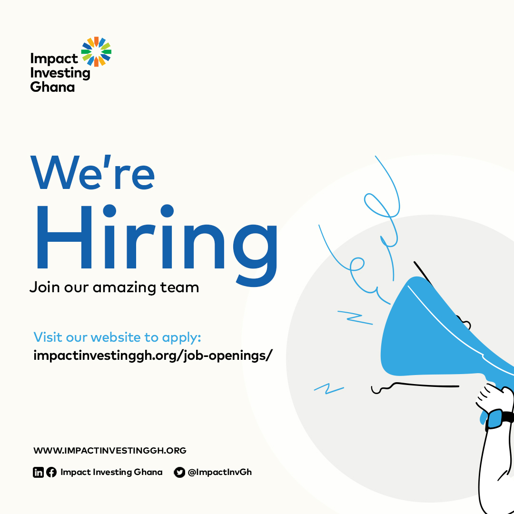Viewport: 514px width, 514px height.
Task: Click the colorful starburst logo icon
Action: coord(96,51)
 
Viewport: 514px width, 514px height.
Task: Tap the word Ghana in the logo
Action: coord(52,87)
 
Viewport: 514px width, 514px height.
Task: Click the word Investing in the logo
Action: coord(60,73)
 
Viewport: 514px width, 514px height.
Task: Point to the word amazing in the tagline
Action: coord(133,287)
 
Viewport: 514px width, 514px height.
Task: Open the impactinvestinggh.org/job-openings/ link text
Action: coord(153,356)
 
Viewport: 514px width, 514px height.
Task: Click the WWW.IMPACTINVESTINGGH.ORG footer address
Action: coord(110,450)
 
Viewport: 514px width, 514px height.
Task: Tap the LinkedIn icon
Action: coord(38,472)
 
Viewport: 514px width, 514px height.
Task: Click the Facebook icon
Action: coord(51,472)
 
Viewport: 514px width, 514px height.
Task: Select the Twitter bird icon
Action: coord(179,472)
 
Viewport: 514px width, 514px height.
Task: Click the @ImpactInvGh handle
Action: coord(219,472)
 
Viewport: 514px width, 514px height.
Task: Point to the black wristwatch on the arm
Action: coord(498,419)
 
